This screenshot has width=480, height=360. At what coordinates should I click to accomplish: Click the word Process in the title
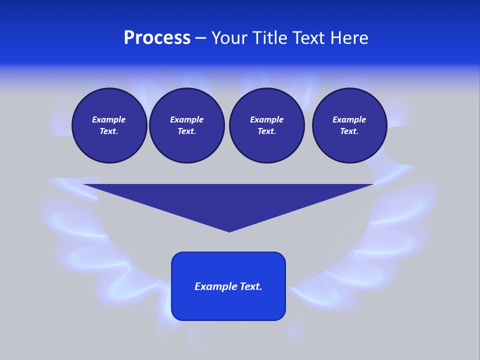coord(157,38)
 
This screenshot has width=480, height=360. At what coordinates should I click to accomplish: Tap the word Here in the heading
coord(349,38)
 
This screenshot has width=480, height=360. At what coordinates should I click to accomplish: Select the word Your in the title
coord(229,38)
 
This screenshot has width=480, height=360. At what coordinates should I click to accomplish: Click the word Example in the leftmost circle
coord(109,119)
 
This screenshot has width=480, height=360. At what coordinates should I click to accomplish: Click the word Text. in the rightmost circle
coord(349,131)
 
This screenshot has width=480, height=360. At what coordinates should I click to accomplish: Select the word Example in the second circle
coord(186,119)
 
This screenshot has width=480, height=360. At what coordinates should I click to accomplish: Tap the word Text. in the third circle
coord(266,131)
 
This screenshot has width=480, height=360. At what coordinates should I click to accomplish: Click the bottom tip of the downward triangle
coord(229,230)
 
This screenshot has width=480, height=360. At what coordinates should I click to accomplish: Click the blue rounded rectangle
coord(228,305)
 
